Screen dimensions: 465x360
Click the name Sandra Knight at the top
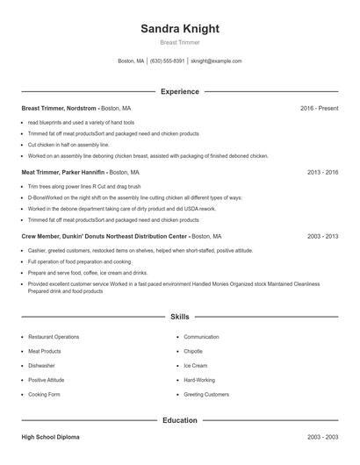click(179, 28)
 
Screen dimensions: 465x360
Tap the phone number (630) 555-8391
click(167, 61)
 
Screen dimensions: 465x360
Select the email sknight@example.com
click(216, 61)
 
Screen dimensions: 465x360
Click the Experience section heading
click(179, 91)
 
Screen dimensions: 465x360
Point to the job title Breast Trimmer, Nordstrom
click(59, 108)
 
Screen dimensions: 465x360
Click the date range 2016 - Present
click(319, 108)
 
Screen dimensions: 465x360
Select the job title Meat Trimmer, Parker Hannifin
click(63, 173)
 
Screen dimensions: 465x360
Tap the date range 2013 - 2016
click(322, 173)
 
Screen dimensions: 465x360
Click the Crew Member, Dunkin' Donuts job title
click(104, 237)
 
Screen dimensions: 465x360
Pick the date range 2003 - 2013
click(322, 237)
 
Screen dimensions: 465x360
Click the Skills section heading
click(179, 316)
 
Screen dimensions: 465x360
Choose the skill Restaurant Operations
click(54, 337)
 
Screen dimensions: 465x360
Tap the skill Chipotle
click(195, 351)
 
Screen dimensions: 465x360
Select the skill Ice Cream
click(195, 366)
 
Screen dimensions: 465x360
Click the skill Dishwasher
click(41, 366)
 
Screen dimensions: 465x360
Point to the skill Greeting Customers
click(206, 395)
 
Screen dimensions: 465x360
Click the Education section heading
click(179, 420)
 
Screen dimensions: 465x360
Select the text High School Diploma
click(51, 437)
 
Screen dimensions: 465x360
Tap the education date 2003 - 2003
click(322, 437)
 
